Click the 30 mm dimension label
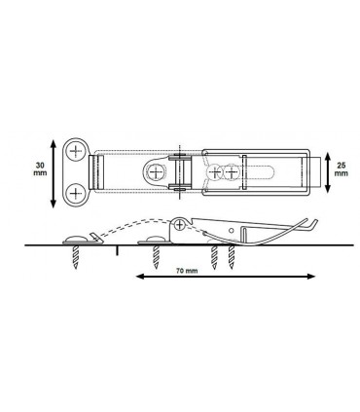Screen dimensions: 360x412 (40, 169)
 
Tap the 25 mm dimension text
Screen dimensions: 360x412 (341, 169)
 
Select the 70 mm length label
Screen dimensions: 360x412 (187, 271)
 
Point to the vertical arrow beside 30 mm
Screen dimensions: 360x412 (54, 173)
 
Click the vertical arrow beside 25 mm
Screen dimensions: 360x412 (327, 171)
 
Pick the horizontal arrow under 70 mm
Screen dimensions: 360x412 (226, 277)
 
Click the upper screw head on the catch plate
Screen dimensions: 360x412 (76, 151)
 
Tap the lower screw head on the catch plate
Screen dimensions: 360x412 (76, 194)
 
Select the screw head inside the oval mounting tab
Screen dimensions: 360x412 (156, 171)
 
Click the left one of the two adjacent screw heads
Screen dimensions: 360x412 (214, 171)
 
